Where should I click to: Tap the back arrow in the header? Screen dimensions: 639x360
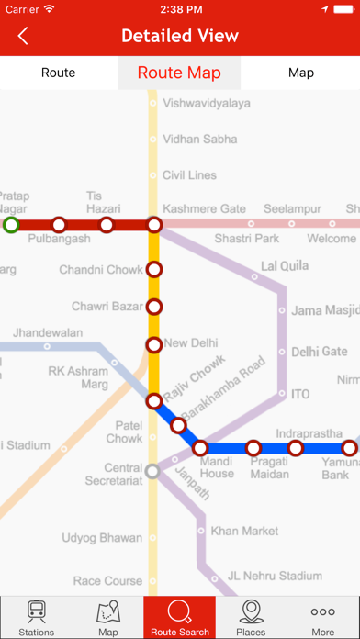point(23,37)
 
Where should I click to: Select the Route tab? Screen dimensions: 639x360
point(58,73)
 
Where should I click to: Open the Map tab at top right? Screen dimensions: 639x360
point(300,73)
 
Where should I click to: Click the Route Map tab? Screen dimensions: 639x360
point(179,73)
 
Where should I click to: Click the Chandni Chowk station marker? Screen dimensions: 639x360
point(154,269)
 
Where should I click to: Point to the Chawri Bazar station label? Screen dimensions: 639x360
point(104,307)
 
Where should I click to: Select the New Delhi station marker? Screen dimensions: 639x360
point(154,344)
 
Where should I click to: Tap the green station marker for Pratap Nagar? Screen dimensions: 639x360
point(11,224)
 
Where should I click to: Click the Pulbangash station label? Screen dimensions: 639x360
point(60,239)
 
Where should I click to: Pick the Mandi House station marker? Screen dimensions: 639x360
point(200,448)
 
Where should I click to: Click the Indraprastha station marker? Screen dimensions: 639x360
point(295,448)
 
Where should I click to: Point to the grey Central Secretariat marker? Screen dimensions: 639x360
point(154,472)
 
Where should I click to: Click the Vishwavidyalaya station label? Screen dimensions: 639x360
point(206,104)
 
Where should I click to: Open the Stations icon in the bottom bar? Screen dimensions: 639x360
point(36,617)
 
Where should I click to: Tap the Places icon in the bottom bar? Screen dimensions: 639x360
point(251,617)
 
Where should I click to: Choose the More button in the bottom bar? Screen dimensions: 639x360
point(322,617)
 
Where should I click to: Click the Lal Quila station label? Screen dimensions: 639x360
point(281,266)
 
